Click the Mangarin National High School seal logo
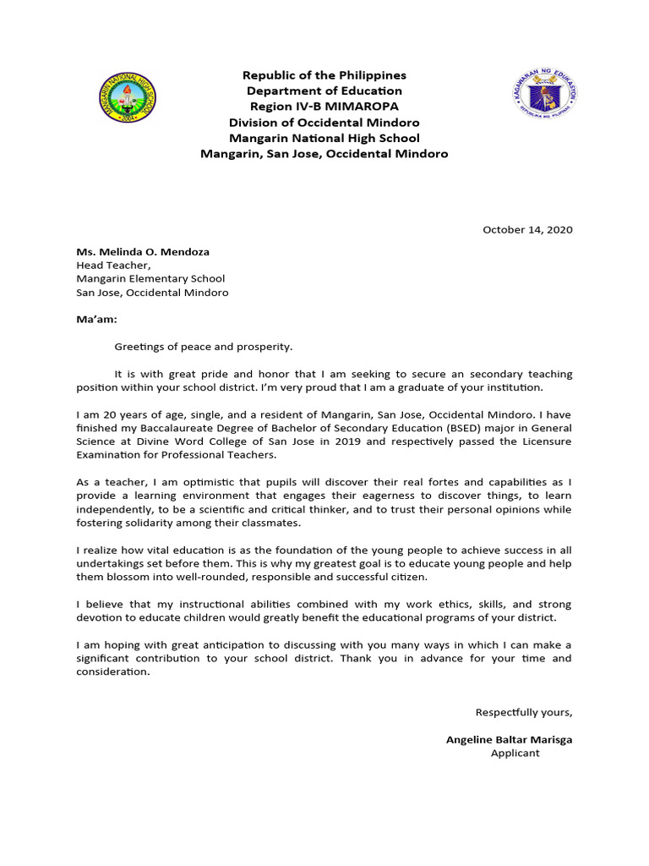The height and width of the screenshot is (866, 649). [126, 98]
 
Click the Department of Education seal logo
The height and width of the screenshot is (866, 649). [545, 94]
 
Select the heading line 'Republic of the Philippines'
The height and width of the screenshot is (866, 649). [324, 76]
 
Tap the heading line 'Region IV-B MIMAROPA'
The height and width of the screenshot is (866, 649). [324, 107]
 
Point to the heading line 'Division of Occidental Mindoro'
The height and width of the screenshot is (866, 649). [324, 122]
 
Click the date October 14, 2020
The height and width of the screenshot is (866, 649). [527, 229]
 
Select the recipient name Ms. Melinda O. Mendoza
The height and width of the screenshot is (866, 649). [143, 252]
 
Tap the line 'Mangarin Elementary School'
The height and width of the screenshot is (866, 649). [150, 278]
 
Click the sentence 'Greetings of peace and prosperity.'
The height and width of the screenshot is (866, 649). [203, 347]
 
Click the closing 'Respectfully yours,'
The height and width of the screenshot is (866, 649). [523, 712]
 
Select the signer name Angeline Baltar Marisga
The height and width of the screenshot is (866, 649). [509, 739]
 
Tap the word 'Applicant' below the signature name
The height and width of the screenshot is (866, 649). [515, 753]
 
